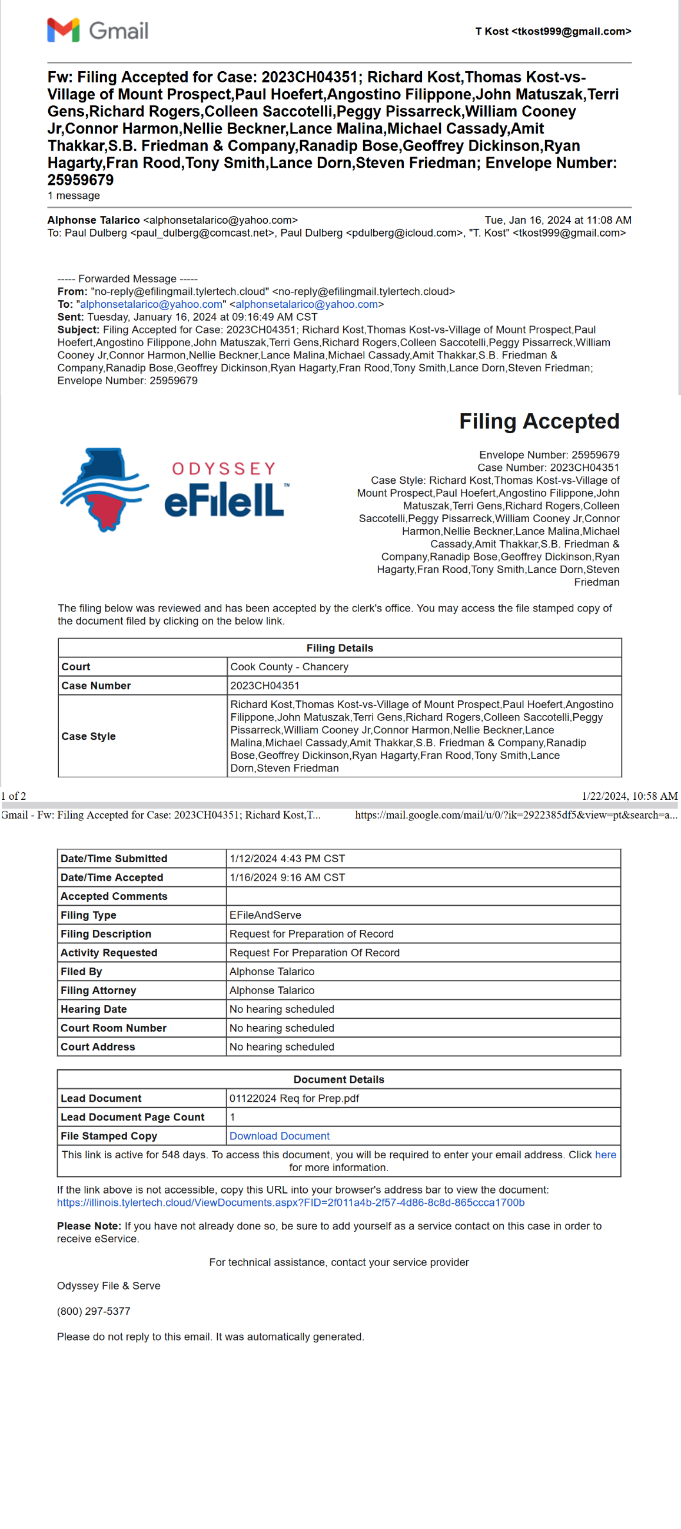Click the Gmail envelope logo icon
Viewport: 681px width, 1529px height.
click(63, 30)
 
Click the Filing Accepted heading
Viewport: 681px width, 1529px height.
click(539, 421)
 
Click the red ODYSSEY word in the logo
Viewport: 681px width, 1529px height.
click(224, 468)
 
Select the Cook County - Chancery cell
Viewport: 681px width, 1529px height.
click(289, 667)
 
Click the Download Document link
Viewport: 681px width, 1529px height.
click(279, 1135)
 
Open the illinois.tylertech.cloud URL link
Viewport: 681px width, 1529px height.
click(290, 1202)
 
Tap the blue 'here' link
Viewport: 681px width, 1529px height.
click(605, 1155)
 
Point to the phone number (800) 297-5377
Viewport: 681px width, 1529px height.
click(93, 1311)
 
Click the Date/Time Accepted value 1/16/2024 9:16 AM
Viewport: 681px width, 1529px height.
click(287, 877)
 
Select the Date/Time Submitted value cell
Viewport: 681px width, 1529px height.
click(287, 858)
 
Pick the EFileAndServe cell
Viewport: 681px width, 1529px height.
click(265, 915)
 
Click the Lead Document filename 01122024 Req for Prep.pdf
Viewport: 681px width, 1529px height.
click(294, 1098)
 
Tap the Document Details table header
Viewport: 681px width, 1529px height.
click(338, 1079)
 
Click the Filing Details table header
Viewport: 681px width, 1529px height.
click(340, 647)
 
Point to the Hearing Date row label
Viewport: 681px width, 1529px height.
click(94, 1009)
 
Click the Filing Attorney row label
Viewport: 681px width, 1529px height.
click(98, 990)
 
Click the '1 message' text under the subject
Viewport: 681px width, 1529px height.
click(74, 195)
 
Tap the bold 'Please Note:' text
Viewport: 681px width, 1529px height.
click(89, 1226)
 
